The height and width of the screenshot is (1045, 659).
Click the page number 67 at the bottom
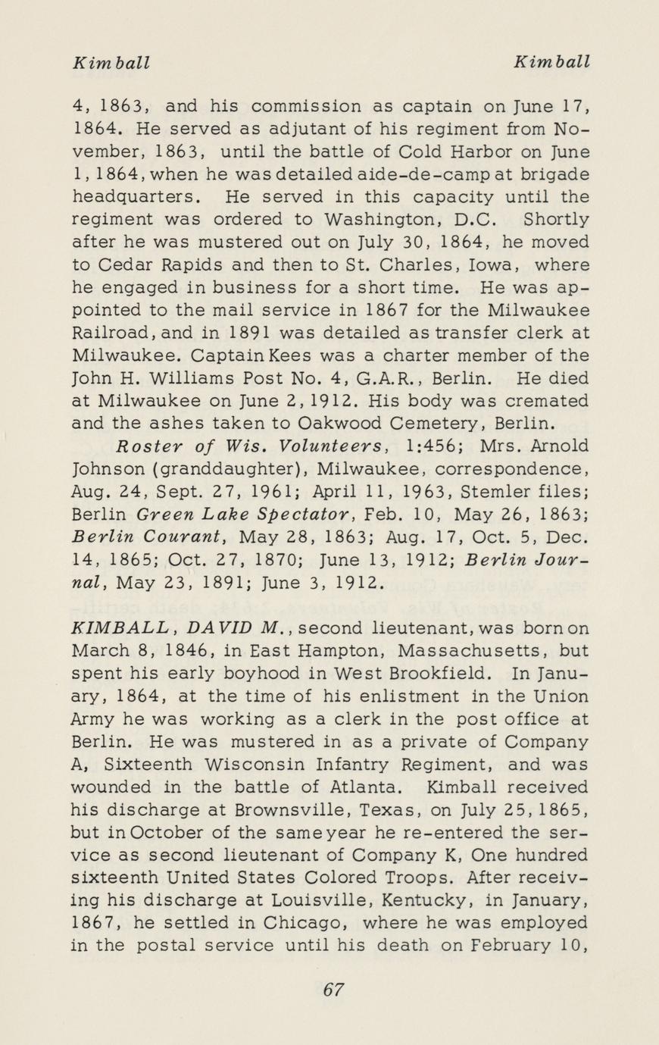coord(333,990)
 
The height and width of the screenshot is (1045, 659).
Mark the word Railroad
coord(108,333)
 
